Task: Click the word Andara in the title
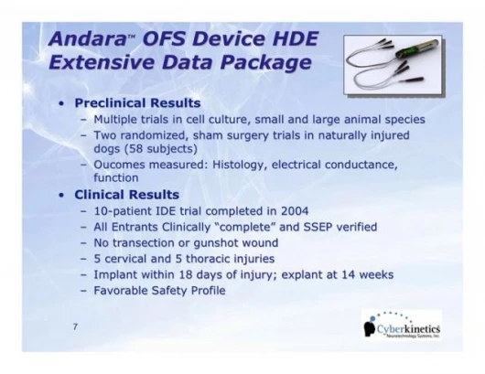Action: (x=87, y=38)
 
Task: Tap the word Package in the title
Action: (x=265, y=62)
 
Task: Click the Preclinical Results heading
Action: (x=137, y=103)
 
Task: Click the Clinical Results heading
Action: (x=127, y=195)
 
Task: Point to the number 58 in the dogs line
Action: (x=137, y=149)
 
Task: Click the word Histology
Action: (x=240, y=166)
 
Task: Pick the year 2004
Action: (x=295, y=211)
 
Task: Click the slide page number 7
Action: (x=75, y=326)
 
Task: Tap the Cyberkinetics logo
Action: (x=402, y=326)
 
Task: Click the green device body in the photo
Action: (x=417, y=48)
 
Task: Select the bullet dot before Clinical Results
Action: (x=62, y=196)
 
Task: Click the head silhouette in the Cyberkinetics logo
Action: (x=370, y=328)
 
